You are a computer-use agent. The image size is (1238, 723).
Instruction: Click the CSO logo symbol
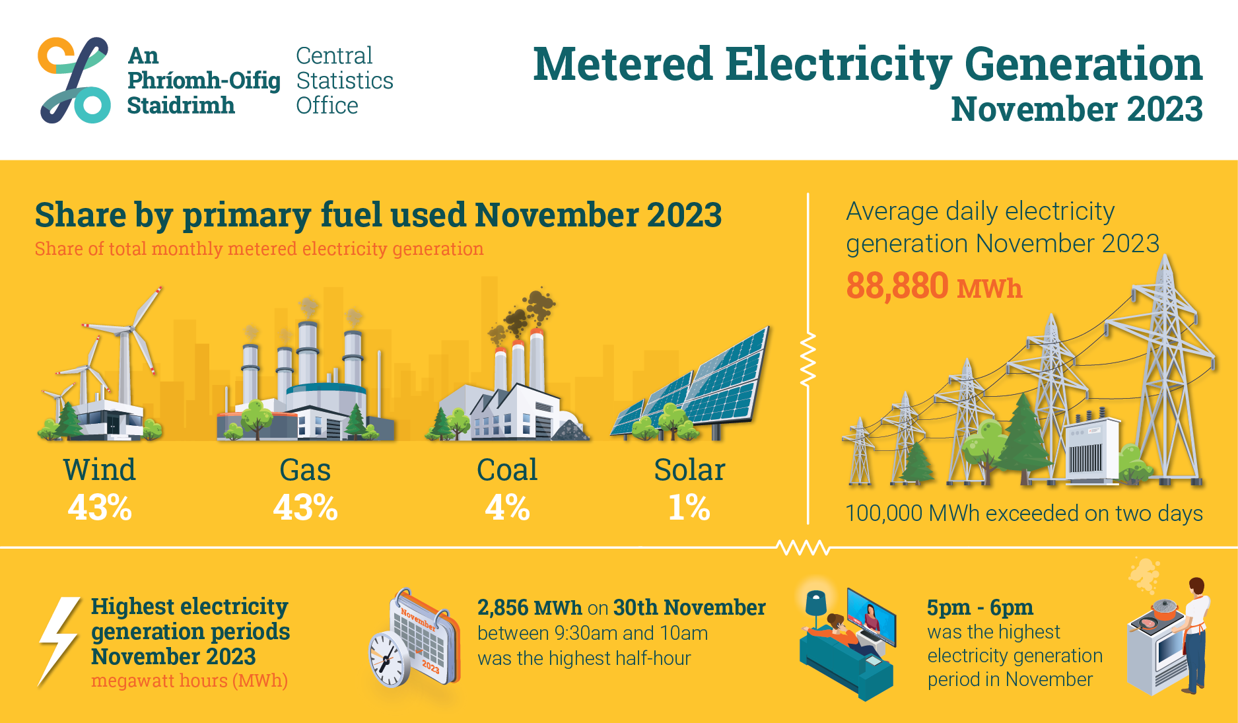pos(74,80)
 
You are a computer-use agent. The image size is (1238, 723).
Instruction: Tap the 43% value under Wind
pos(100,508)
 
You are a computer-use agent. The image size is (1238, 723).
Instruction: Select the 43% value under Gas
pos(306,508)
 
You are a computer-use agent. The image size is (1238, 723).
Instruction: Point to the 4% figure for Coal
pos(507,508)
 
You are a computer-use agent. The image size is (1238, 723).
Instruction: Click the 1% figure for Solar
pos(689,508)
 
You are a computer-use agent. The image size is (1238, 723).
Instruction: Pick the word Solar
pos(689,470)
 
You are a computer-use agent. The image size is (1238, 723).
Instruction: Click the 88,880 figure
pos(897,286)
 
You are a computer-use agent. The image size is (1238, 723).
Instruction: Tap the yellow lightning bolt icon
pos(59,641)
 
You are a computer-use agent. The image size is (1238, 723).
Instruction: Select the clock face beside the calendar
pos(387,659)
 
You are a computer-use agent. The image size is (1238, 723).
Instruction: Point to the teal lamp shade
pos(816,602)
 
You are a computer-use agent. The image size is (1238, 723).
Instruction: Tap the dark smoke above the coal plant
pos(525,314)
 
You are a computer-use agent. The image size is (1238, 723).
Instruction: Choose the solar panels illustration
pos(690,383)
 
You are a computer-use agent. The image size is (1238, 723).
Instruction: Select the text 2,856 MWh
pos(530,607)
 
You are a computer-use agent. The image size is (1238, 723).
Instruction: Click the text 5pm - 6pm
pos(980,607)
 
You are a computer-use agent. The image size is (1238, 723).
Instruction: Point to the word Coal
pos(507,470)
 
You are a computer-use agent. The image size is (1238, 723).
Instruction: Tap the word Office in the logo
pos(327,106)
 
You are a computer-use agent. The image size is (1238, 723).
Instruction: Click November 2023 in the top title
pos(1077,110)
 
